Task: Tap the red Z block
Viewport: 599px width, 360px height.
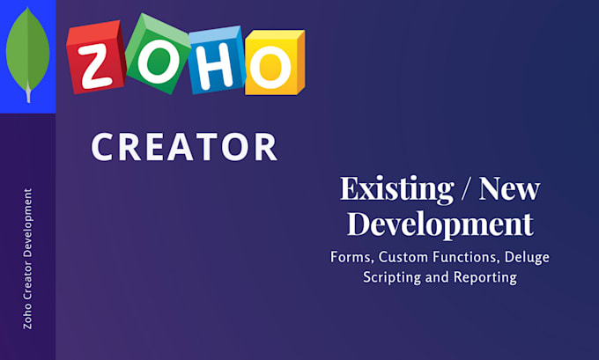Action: (95, 58)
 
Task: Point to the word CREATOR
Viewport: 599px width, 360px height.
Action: (184, 147)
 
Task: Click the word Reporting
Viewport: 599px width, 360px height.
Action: (484, 277)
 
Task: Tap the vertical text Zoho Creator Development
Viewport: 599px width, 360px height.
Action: (28, 258)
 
